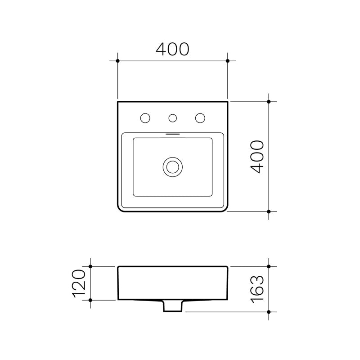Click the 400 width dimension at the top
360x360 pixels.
coord(172,49)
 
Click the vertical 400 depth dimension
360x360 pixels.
coord(257,156)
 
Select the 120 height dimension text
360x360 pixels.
coord(78,283)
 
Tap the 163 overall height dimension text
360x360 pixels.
coord(257,289)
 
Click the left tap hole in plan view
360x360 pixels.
coord(145,118)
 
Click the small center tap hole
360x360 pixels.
coord(172,118)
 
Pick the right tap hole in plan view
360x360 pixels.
coord(200,118)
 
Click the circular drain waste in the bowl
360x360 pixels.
coord(172,166)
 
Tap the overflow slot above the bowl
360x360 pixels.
coord(172,133)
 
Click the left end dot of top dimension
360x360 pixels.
coord(117,60)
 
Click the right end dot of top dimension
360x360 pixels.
coord(228,60)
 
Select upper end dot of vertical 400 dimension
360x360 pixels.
coord(269,101)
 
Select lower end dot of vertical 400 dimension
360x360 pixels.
coord(269,211)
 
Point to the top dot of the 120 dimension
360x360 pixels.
coord(90,266)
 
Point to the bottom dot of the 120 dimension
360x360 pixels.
coord(90,300)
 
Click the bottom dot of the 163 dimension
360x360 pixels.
coord(269,311)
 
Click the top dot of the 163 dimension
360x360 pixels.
coord(269,266)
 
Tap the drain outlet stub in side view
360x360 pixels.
coord(172,306)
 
